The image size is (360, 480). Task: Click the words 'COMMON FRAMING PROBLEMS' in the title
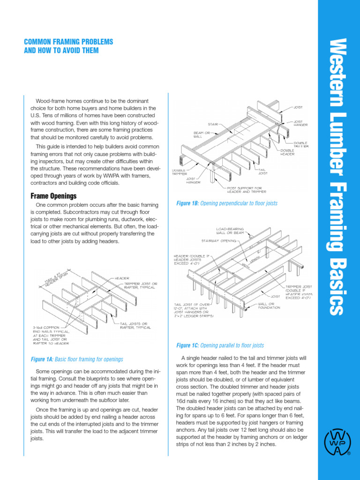coord(68,42)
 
